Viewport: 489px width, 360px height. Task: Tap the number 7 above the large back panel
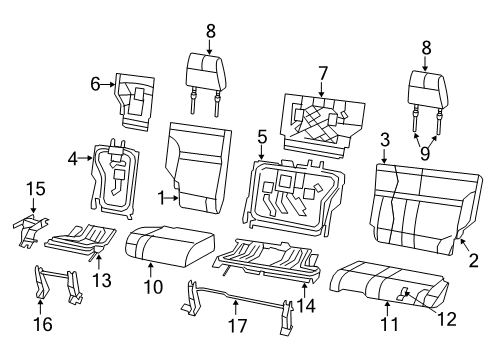pos(322,73)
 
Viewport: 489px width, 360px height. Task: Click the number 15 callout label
pos(35,188)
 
